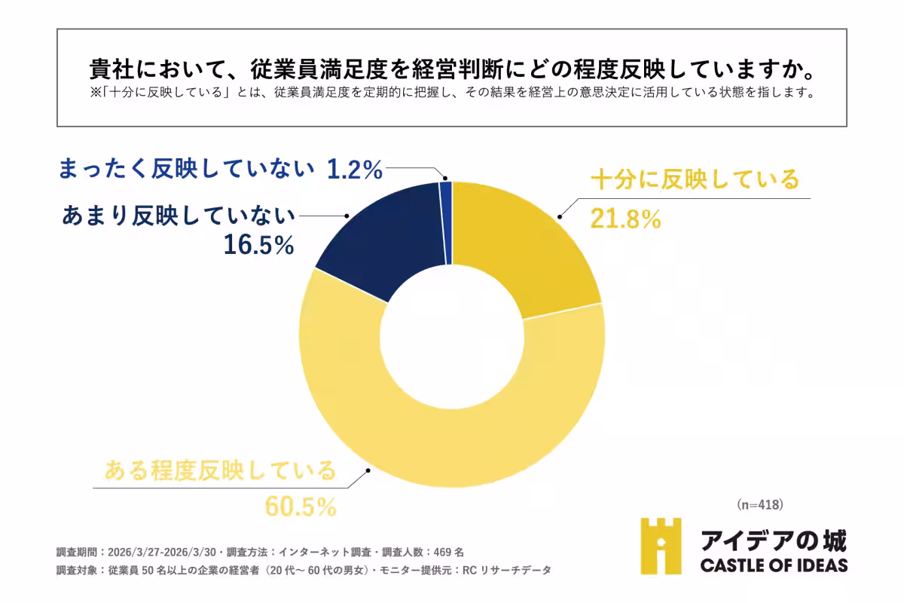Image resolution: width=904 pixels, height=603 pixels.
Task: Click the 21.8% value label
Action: point(626,219)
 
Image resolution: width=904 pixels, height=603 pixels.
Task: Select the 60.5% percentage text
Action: point(300,507)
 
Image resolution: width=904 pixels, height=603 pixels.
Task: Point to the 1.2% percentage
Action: point(355,170)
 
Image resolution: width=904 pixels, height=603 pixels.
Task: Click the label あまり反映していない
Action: point(178,216)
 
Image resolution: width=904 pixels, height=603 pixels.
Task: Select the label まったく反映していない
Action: point(185,170)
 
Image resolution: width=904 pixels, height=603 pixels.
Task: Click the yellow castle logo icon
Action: point(661,546)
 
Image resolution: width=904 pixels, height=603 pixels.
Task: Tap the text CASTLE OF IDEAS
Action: point(774,565)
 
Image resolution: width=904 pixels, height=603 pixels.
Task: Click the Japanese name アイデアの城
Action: point(774,540)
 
